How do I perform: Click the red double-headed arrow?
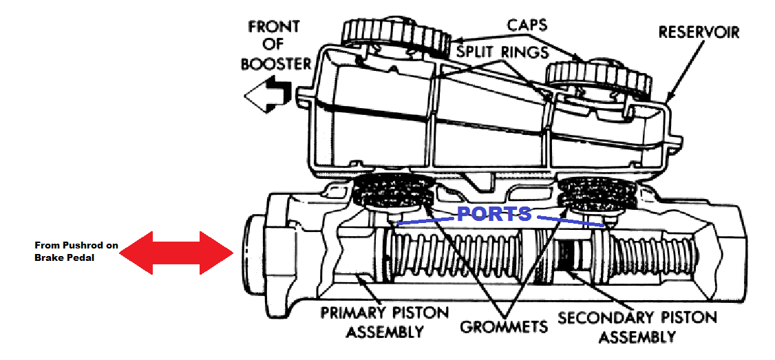click(x=176, y=253)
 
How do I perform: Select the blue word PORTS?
click(x=494, y=213)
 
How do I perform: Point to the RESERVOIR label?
click(x=699, y=32)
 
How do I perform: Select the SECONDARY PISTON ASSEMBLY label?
click(x=637, y=326)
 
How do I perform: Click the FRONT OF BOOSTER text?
click(x=275, y=45)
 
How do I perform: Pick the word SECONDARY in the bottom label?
click(x=605, y=317)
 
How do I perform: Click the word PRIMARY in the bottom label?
click(x=359, y=313)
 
